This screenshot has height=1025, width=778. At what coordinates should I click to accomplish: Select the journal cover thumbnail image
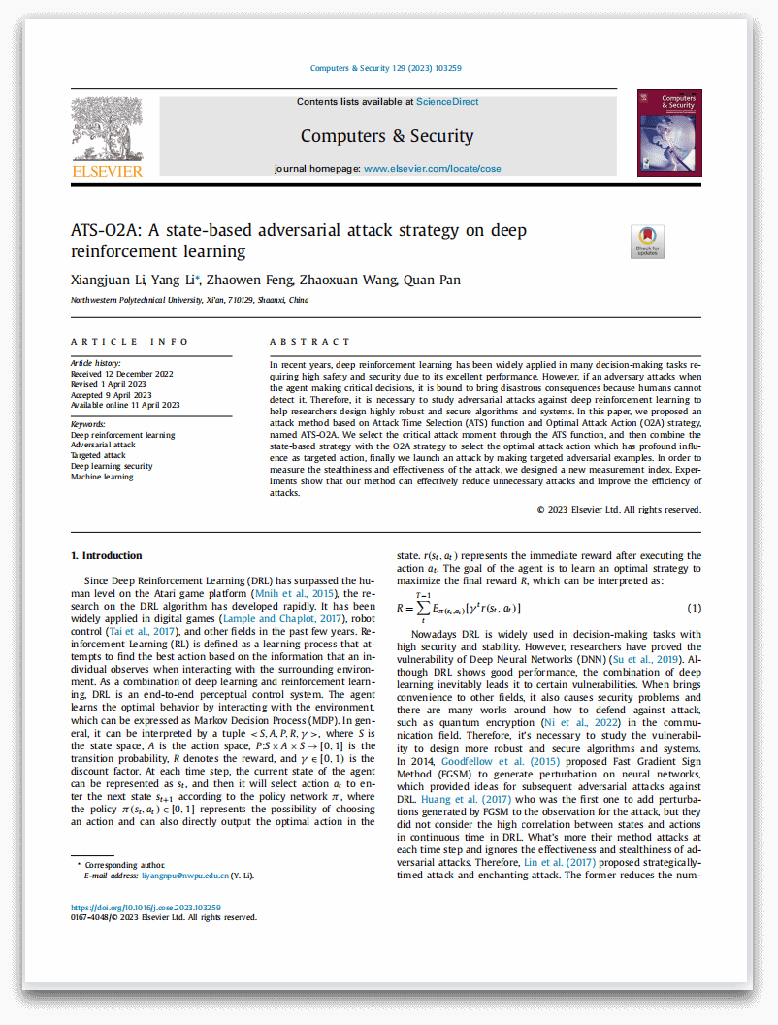669,133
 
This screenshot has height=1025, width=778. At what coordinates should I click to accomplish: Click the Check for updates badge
647,242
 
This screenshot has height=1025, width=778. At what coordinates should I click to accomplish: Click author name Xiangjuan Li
108,281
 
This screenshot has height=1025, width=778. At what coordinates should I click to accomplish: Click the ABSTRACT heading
309,342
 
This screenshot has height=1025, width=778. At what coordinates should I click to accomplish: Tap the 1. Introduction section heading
107,556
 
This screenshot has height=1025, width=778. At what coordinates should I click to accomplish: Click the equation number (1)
694,608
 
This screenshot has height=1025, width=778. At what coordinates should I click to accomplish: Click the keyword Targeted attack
99,456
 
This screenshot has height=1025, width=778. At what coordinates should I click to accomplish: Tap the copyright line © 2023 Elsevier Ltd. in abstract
619,510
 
